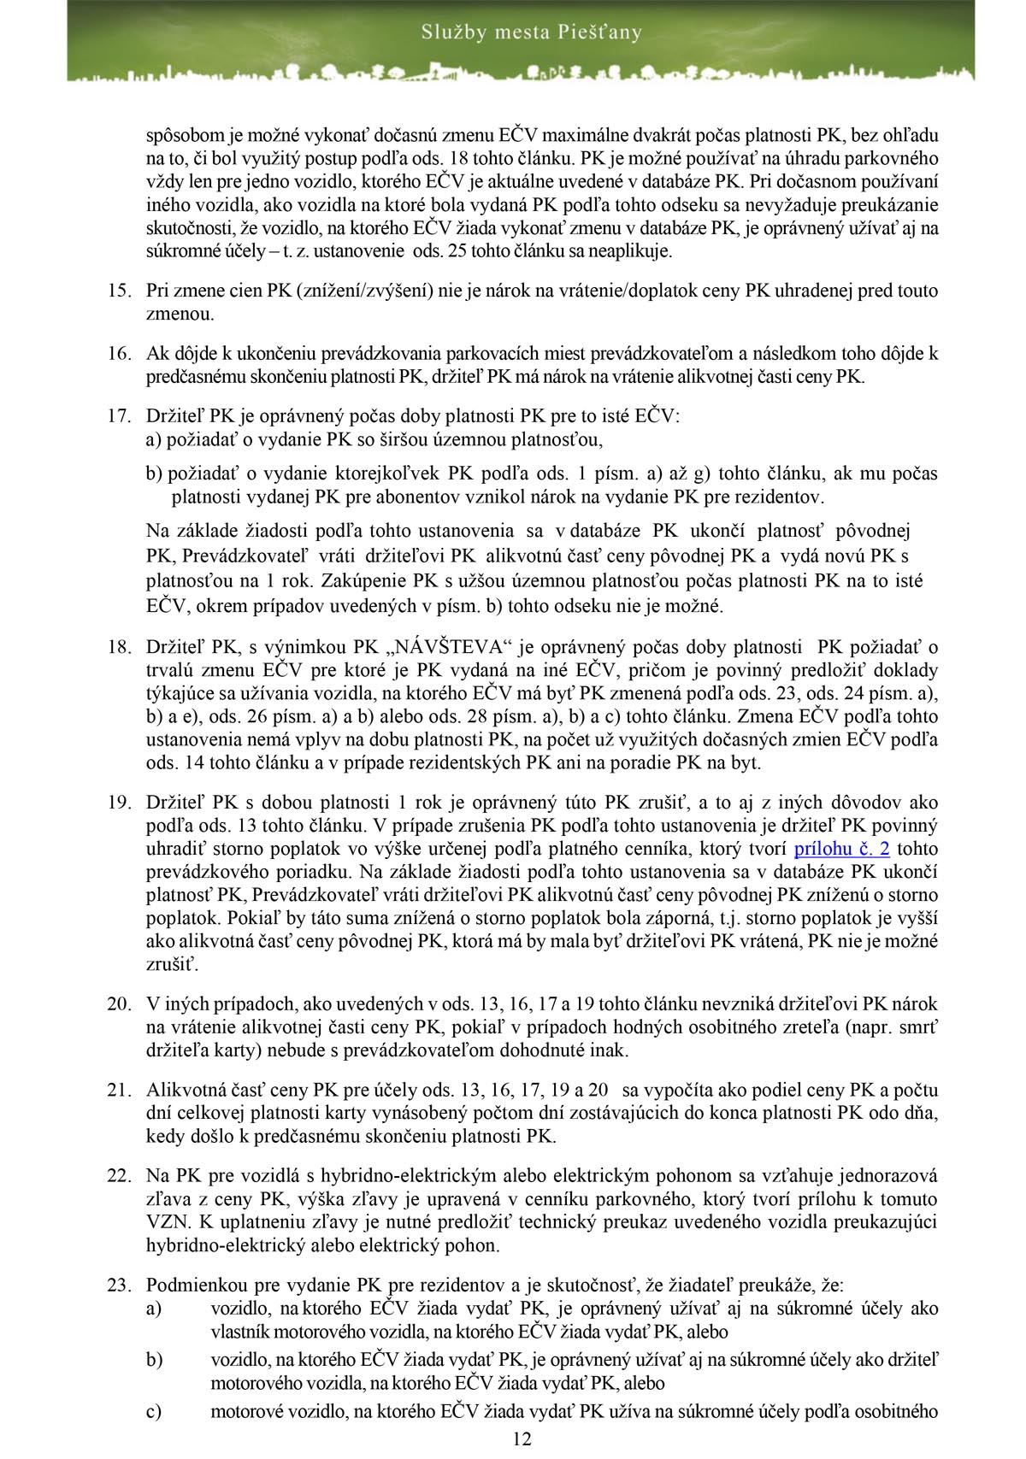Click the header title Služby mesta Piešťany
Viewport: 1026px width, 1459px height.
531,33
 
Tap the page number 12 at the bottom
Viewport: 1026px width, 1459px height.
522,1439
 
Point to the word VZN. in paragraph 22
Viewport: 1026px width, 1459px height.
165,1222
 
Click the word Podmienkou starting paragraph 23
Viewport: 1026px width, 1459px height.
191,1285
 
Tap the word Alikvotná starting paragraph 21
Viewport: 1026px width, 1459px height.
185,1090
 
